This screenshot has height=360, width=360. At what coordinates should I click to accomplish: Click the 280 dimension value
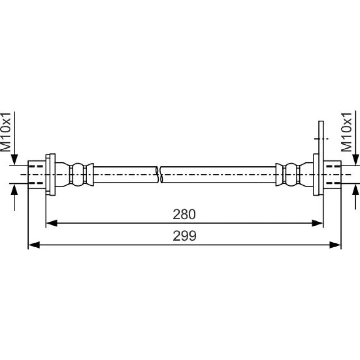[x=184, y=214]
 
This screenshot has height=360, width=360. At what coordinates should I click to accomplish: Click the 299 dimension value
[x=185, y=236]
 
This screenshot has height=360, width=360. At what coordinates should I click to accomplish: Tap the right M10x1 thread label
[x=346, y=132]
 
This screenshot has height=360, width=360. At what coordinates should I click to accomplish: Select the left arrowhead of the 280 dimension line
[x=51, y=223]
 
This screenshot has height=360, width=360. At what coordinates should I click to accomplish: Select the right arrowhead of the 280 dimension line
[x=318, y=223]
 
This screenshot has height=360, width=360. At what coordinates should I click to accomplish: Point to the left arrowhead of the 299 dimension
[x=34, y=245]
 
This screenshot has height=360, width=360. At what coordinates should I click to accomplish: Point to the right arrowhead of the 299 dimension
[x=335, y=245]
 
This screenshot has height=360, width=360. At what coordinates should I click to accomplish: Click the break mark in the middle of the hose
[x=159, y=175]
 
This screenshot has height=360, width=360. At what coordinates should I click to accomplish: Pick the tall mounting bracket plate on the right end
[x=321, y=158]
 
